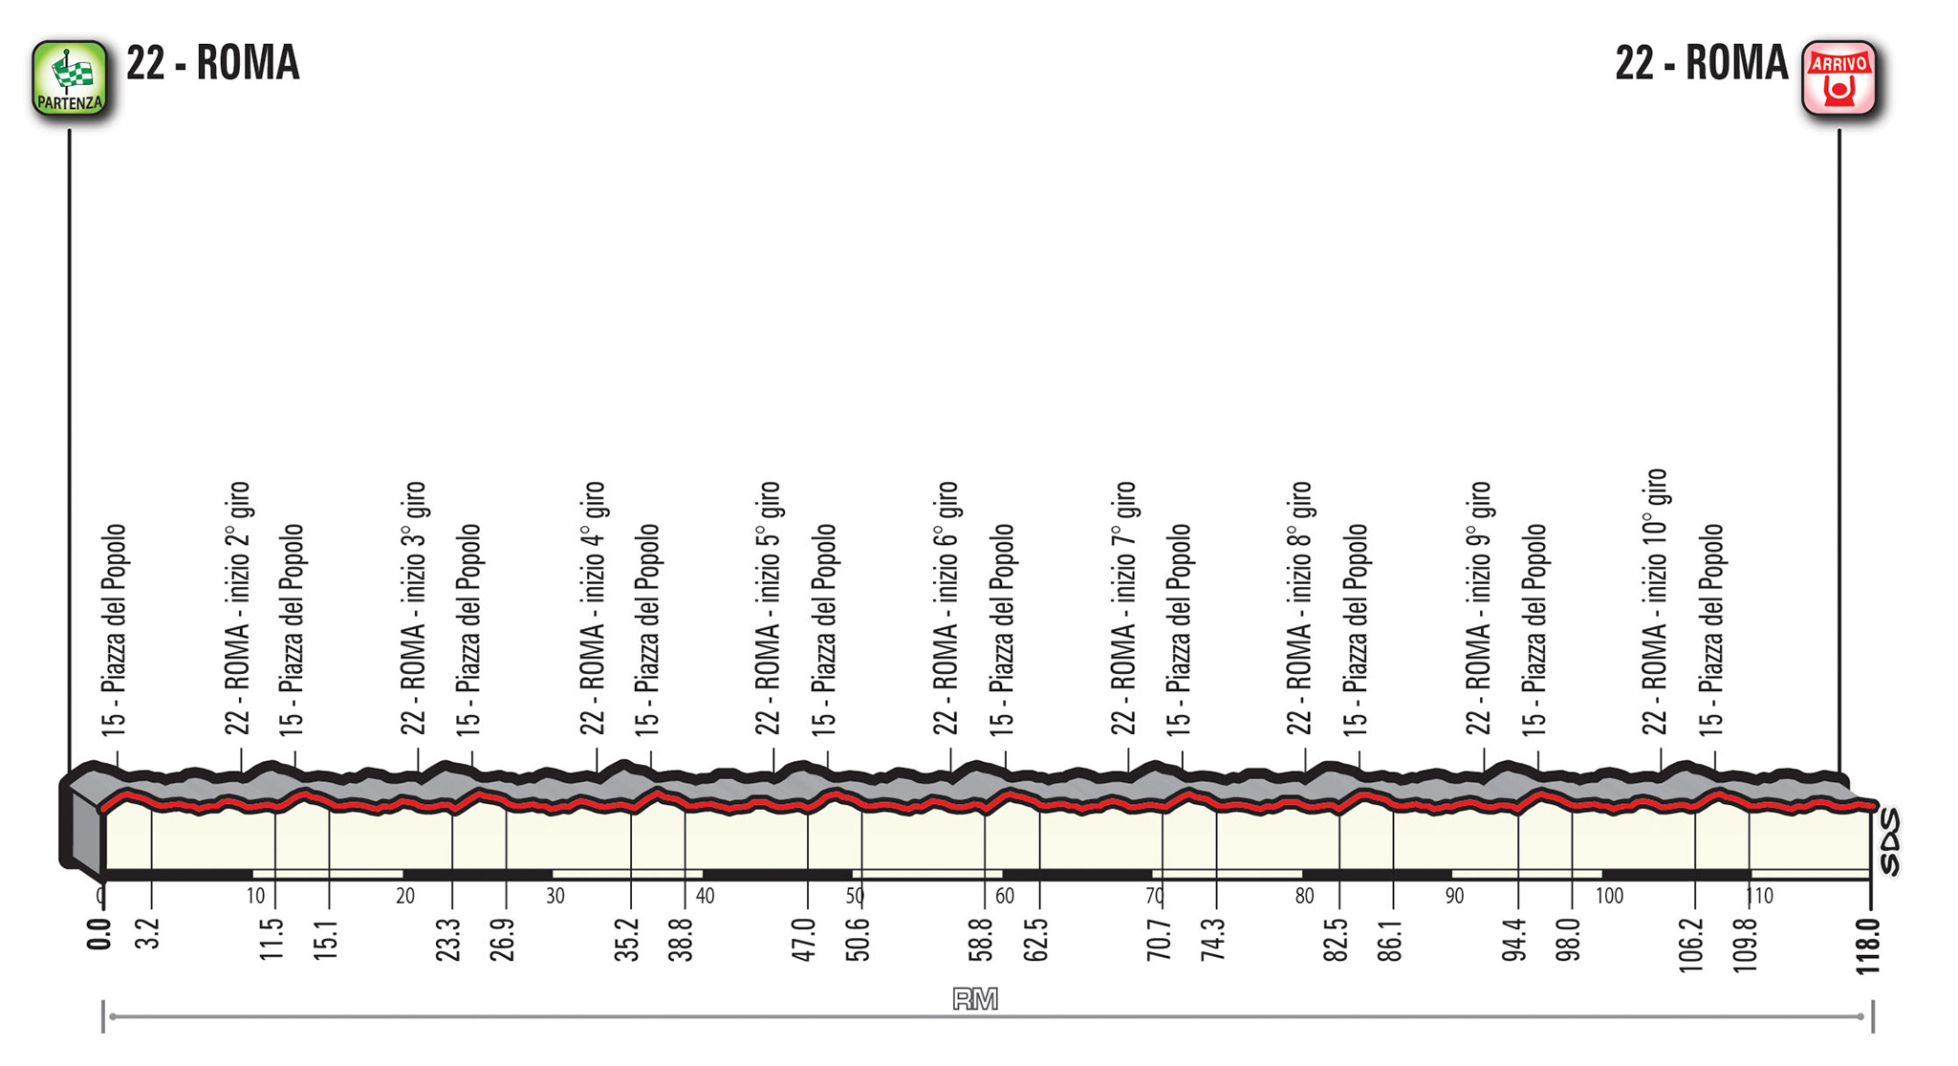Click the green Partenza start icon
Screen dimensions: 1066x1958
tap(69, 78)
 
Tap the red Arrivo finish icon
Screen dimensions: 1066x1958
tap(1838, 78)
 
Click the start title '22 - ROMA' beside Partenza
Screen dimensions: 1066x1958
tap(212, 63)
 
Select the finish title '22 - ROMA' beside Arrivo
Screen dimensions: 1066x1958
tap(1701, 63)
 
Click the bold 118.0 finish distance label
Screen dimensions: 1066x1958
tap(1867, 946)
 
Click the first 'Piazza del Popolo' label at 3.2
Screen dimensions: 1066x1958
tap(114, 630)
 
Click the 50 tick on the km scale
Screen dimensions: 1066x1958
tap(855, 896)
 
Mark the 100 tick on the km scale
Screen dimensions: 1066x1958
tap(1609, 896)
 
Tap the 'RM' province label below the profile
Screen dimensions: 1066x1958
tap(975, 1000)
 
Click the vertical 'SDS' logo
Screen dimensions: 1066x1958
tap(1890, 841)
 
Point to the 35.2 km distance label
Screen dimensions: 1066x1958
tap(626, 939)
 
